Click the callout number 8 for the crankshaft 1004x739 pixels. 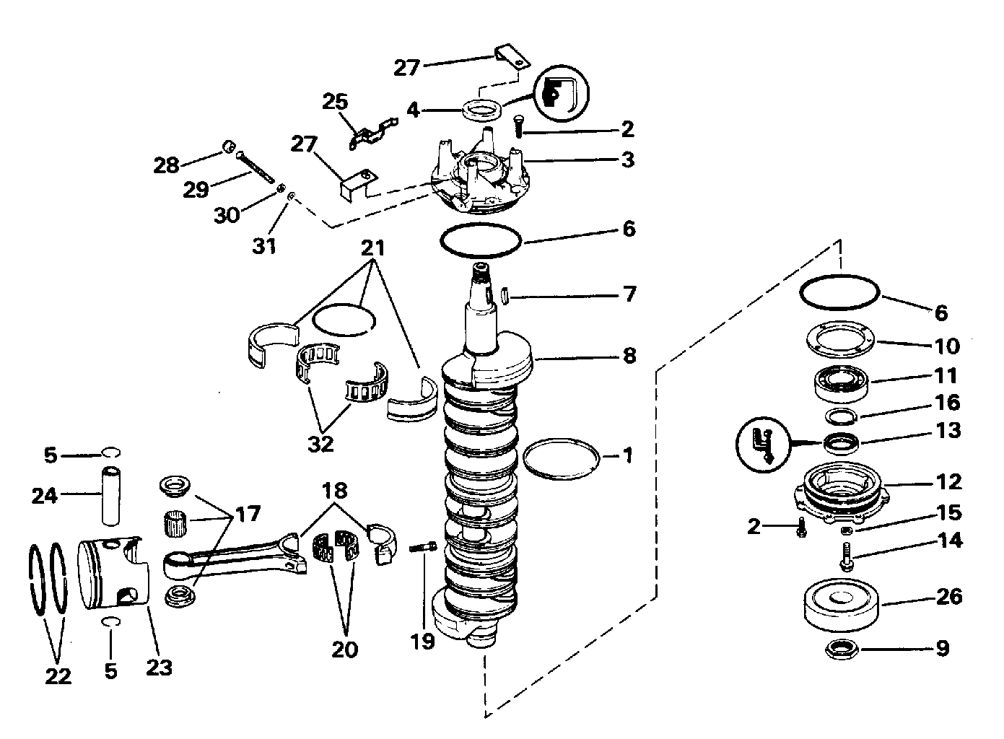tap(629, 356)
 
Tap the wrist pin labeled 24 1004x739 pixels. tap(110, 496)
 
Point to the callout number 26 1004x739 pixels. tap(949, 595)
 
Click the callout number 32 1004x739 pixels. tap(320, 444)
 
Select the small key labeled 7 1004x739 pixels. tap(505, 296)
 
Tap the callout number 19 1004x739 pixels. tap(422, 642)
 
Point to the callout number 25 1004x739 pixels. tap(335, 102)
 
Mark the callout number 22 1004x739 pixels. tap(58, 676)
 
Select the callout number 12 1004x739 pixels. tap(949, 481)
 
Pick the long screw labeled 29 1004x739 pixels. tap(255, 167)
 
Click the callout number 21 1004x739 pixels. tap(373, 248)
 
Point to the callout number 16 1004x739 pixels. tap(948, 402)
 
